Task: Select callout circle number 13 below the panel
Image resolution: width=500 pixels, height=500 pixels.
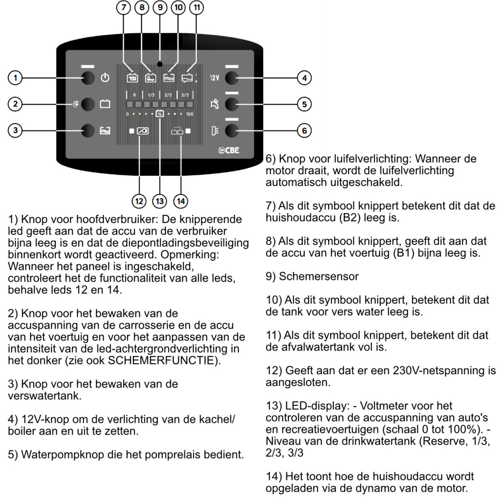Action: (x=160, y=200)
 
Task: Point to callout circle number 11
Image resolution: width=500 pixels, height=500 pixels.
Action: (x=197, y=8)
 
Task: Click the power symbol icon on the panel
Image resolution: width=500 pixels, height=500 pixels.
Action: (x=105, y=77)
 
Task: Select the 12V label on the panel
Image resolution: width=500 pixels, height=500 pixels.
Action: (x=214, y=77)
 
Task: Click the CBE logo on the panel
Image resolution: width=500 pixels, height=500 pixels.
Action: (x=229, y=150)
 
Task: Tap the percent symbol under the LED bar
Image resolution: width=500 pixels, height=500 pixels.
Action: (x=160, y=114)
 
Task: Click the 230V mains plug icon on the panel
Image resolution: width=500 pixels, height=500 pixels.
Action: (x=141, y=131)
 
